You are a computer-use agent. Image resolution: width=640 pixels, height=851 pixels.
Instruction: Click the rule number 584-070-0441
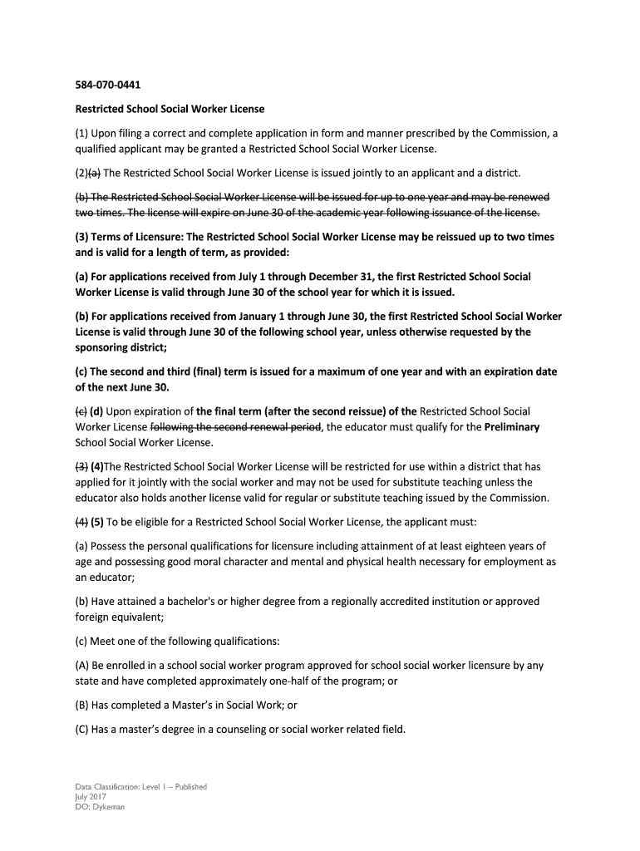tap(101, 84)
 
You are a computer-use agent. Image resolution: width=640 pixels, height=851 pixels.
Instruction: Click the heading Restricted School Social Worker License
tap(170, 109)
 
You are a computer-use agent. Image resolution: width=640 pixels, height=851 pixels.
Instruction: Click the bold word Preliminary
tap(507, 427)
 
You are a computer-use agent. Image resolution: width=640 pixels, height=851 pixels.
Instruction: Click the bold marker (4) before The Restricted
tap(96, 466)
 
